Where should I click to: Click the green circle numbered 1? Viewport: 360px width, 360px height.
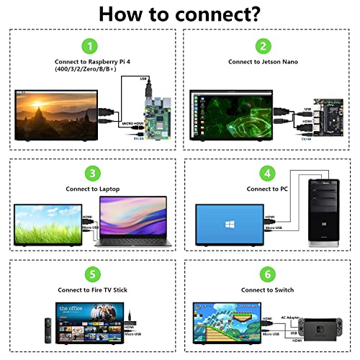tap(90, 47)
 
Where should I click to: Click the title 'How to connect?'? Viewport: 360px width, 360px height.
tap(180, 14)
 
